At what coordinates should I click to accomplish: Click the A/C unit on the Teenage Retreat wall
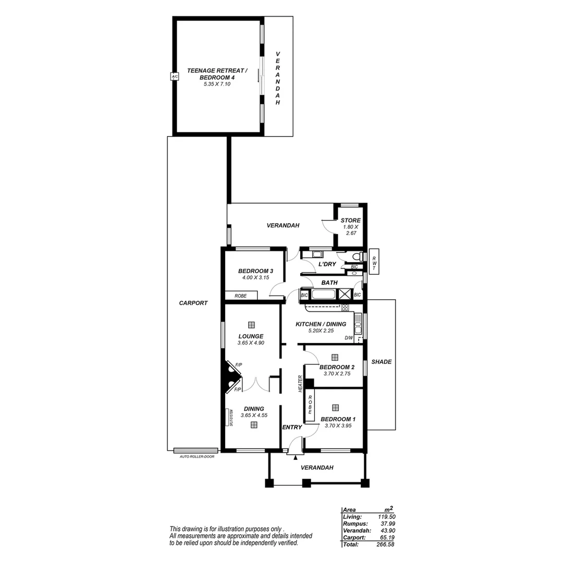pos(175,77)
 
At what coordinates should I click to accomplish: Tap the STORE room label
pos(351,221)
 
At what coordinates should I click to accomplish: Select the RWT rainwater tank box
pos(374,260)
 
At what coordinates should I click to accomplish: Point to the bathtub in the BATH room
pos(323,295)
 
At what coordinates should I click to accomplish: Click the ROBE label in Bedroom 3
pos(240,296)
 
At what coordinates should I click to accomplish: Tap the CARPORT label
pos(193,303)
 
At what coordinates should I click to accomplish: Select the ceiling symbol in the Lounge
pos(252,324)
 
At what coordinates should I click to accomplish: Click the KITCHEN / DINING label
pos(321,324)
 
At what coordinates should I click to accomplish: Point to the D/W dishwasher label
pos(349,338)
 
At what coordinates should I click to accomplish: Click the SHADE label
pos(381,362)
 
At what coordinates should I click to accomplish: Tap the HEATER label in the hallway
pos(301,384)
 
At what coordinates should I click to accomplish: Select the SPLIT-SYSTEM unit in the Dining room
pos(230,418)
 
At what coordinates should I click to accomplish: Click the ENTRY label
pos(292,427)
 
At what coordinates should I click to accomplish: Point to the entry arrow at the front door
pos(296,458)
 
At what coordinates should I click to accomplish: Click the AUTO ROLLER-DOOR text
pos(197,457)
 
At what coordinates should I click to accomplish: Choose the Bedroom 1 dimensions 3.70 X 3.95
pos(338,426)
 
